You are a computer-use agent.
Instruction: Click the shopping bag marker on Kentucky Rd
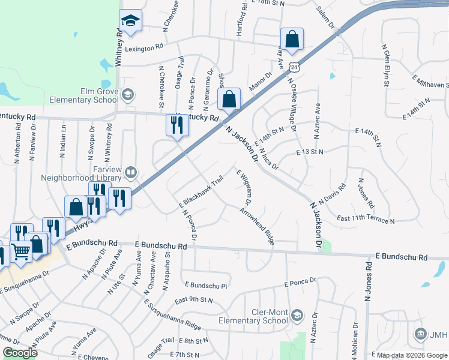(x=229, y=100)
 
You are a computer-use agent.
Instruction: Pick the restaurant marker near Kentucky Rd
(x=175, y=126)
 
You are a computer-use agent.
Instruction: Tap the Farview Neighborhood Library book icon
(x=130, y=174)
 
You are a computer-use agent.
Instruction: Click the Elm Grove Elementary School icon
(x=127, y=95)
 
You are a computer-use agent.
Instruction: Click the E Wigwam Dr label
(x=244, y=188)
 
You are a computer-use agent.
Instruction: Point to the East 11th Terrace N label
(x=366, y=220)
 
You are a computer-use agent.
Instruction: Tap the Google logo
(x=20, y=353)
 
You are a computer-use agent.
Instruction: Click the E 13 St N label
(x=310, y=153)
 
